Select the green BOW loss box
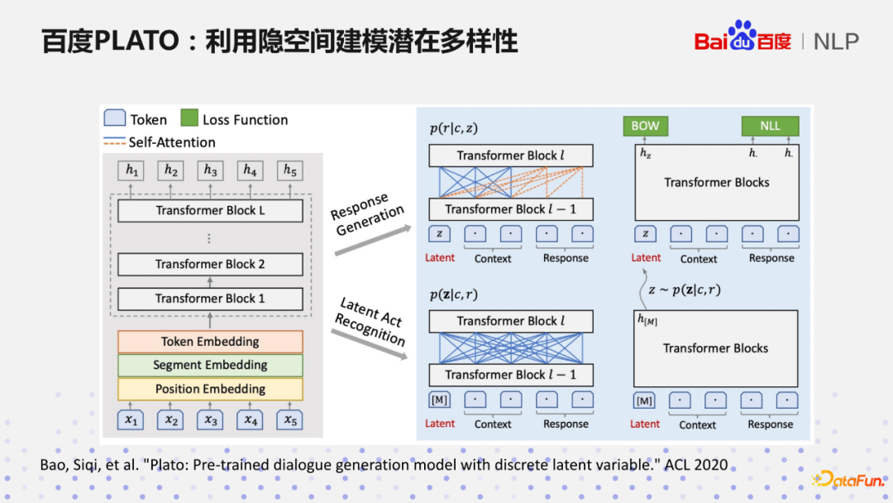[x=645, y=126]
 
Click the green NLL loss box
[x=770, y=126]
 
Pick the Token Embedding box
[x=210, y=342]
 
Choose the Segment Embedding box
[x=210, y=365]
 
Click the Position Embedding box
[x=210, y=389]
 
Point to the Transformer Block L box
[x=210, y=210]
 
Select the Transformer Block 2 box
[x=210, y=264]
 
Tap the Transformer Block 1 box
[x=210, y=298]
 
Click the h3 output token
[x=210, y=170]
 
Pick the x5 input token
[x=289, y=420]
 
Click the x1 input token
[x=131, y=420]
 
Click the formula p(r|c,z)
[x=454, y=128]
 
